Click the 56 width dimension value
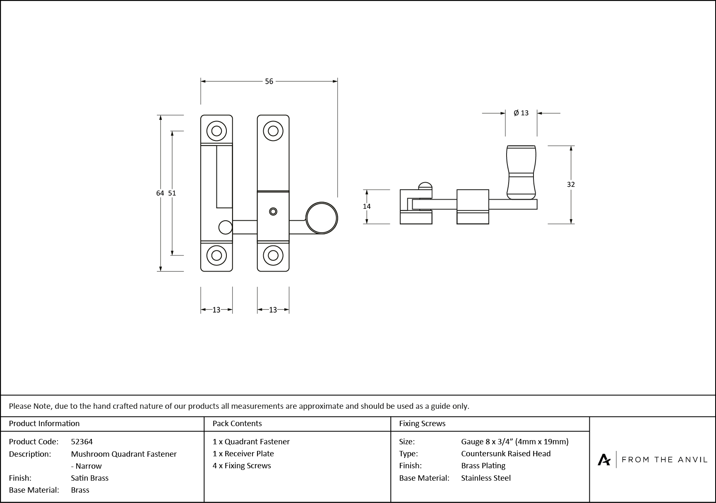[x=269, y=81]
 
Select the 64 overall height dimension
[x=160, y=193]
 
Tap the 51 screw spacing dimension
[x=172, y=193]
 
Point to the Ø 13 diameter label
[x=521, y=113]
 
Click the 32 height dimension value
[x=571, y=184]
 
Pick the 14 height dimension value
[x=367, y=206]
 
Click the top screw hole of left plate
[x=216, y=131]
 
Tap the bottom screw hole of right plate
[x=273, y=255]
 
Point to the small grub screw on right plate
[x=273, y=212]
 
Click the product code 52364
[x=82, y=441]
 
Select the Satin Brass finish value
[x=90, y=478]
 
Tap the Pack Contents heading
[x=237, y=423]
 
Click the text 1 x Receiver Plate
[x=243, y=453]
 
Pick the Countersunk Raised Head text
[x=506, y=453]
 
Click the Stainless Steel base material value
[x=486, y=478]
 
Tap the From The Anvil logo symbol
[x=604, y=459]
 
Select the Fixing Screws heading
[x=422, y=423]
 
